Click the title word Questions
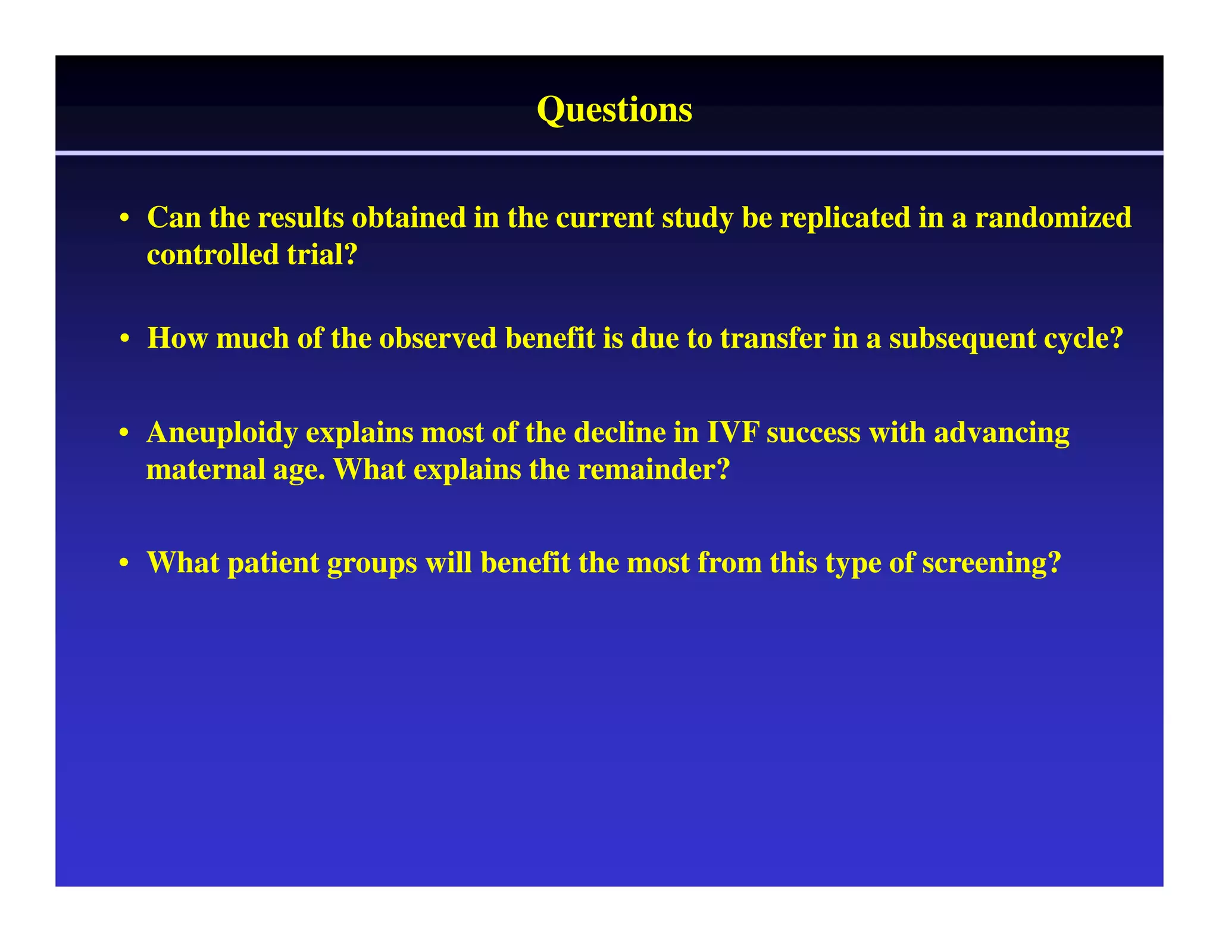click(614, 110)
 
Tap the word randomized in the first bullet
click(1053, 217)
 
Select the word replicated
click(845, 217)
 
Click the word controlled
click(212, 255)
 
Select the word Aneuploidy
click(222, 433)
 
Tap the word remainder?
click(654, 470)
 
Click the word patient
click(273, 563)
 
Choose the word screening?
click(991, 563)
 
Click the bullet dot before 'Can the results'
click(124, 219)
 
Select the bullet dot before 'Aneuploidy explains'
click(124, 433)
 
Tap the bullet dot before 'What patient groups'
click(124, 563)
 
